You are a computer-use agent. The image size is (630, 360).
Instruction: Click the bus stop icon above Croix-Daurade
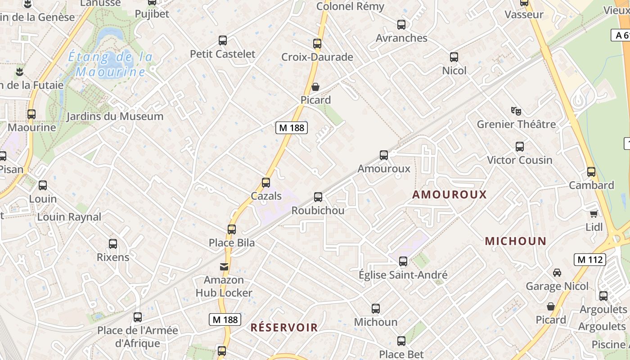[317, 44]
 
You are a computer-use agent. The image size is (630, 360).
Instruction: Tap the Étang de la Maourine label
[110, 64]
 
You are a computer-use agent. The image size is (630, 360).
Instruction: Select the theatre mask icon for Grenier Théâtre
[516, 110]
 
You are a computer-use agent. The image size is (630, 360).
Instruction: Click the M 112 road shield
[589, 260]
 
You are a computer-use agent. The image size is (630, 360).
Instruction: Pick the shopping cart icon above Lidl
[594, 214]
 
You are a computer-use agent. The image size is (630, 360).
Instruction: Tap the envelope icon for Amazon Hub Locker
[224, 267]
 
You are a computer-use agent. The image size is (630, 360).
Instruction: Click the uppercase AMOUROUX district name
[450, 194]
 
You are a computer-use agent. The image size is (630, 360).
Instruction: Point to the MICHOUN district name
[515, 241]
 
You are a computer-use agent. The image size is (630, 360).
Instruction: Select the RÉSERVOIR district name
[284, 328]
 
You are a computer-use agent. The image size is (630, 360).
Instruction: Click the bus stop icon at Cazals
[266, 183]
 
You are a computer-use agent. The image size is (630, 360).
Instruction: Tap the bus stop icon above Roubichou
[318, 197]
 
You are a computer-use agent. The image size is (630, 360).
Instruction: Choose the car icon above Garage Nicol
[557, 273]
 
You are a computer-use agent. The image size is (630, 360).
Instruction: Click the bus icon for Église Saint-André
[403, 261]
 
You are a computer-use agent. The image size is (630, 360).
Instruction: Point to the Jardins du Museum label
[115, 117]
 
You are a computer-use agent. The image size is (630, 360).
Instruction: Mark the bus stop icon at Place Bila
[232, 229]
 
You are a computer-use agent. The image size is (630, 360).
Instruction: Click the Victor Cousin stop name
[520, 160]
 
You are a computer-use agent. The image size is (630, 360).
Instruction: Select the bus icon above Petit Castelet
[223, 40]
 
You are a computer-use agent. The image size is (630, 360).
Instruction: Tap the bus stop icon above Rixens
[113, 244]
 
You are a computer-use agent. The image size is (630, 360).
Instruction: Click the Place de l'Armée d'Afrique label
[138, 337]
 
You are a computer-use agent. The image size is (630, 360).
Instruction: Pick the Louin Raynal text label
[69, 217]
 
